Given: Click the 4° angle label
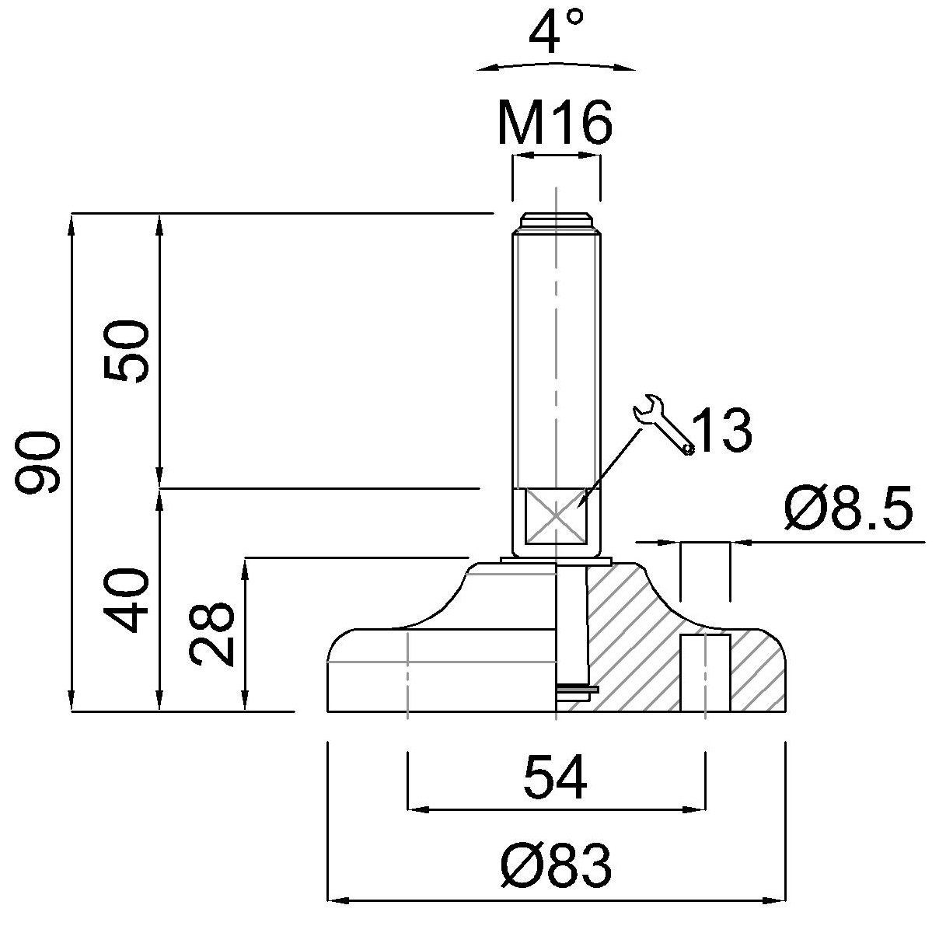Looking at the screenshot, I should click(x=556, y=32).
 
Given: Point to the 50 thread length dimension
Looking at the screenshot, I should click(x=126, y=350).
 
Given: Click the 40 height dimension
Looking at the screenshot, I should click(x=126, y=599).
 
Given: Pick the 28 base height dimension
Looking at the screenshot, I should click(x=211, y=634).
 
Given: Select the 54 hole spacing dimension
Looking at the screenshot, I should click(x=555, y=777).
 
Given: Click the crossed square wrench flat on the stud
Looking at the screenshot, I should click(x=556, y=515).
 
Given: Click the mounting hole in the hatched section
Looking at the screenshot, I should click(x=706, y=673).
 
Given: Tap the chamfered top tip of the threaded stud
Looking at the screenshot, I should click(x=556, y=221).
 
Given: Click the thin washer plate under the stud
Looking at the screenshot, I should click(x=557, y=561).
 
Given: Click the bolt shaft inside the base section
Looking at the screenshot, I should click(x=573, y=622).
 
